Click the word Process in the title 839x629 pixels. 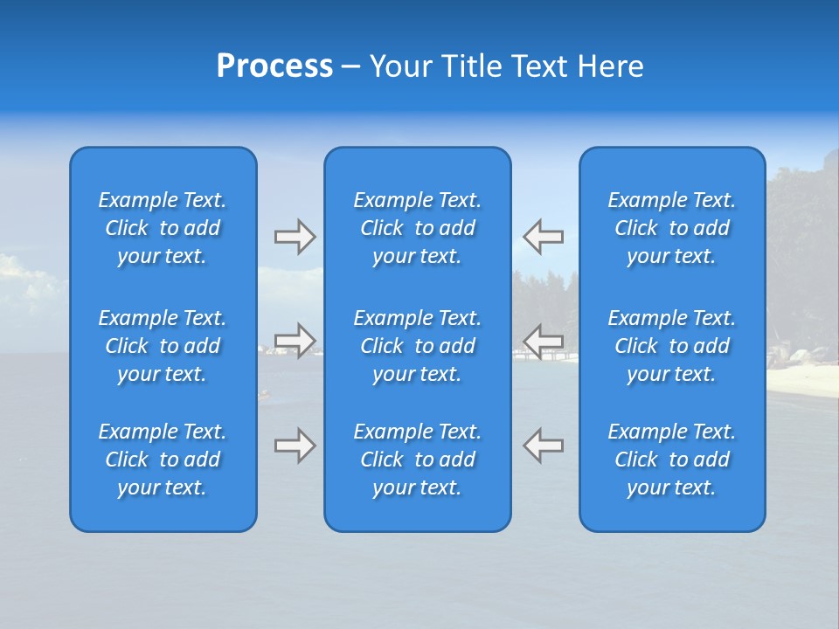click(274, 66)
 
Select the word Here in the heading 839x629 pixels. click(610, 66)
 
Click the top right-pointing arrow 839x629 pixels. click(295, 237)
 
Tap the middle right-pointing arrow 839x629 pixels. click(295, 341)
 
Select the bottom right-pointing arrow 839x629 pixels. click(295, 446)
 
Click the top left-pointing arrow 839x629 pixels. click(544, 237)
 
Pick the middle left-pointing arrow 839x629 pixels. click(544, 341)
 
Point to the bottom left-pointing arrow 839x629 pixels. click(544, 446)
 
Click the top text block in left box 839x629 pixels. click(163, 228)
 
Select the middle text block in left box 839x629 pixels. click(163, 346)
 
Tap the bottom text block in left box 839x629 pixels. click(163, 460)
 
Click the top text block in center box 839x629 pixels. click(418, 228)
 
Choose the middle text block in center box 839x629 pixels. click(418, 346)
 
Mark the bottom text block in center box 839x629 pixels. click(418, 460)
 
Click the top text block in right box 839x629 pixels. click(672, 228)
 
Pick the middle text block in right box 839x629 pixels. click(672, 346)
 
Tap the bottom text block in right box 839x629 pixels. click(672, 460)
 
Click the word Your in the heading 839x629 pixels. click(398, 66)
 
